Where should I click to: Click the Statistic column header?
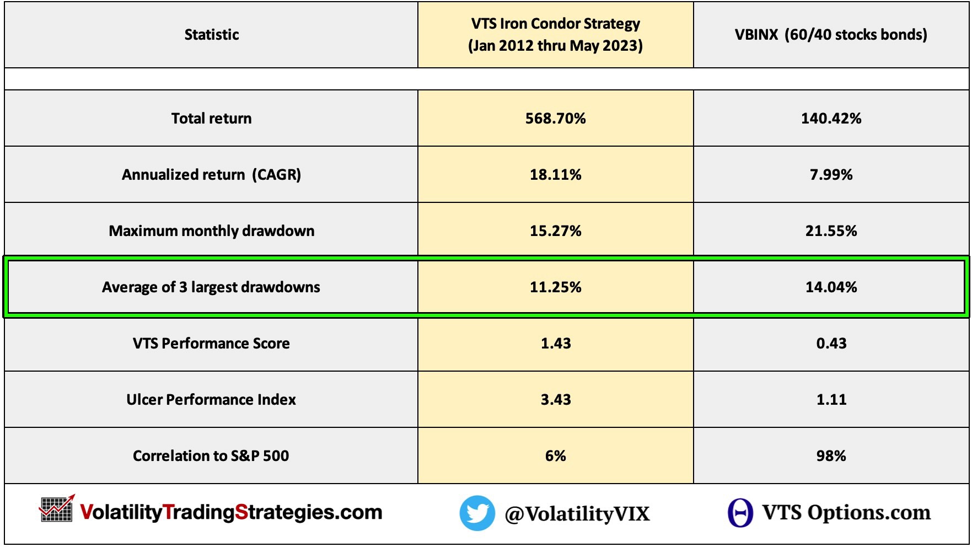(x=211, y=35)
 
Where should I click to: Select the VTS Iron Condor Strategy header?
(x=555, y=34)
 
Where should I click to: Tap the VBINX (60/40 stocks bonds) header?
(x=831, y=35)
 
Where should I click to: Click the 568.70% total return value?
(x=555, y=119)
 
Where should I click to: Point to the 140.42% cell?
(x=831, y=119)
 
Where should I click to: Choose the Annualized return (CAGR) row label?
(x=211, y=175)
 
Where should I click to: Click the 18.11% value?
(x=555, y=175)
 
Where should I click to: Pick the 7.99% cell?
(x=831, y=175)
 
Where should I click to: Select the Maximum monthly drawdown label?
(x=211, y=231)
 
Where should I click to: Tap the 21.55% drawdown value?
(x=831, y=231)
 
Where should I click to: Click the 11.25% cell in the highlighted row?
(x=555, y=287)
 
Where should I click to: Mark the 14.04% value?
(x=831, y=287)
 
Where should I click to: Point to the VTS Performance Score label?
(x=211, y=344)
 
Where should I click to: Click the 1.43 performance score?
(x=555, y=344)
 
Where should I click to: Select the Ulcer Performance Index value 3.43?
(x=555, y=400)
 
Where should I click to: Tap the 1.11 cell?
(x=831, y=400)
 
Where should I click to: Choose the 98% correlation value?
(x=831, y=456)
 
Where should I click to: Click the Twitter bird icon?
(x=477, y=513)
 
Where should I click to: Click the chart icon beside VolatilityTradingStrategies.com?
(x=56, y=509)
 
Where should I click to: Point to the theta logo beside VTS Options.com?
(x=740, y=513)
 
